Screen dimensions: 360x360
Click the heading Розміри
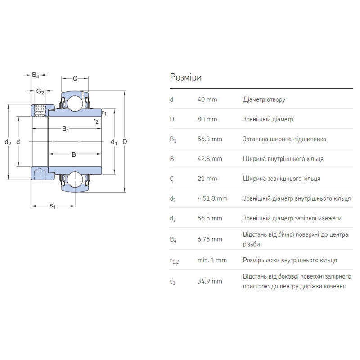[x=186, y=77]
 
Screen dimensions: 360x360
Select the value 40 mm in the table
[x=207, y=99]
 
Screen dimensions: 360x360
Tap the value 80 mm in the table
[x=207, y=119]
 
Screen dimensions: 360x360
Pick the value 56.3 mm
[x=210, y=139]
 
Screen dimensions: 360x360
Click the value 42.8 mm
[x=210, y=159]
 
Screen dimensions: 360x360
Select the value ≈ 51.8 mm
[x=212, y=198]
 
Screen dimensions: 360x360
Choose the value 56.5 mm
[x=210, y=218]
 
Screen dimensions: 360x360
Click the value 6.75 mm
[x=210, y=239]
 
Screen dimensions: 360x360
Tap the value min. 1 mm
[x=212, y=260]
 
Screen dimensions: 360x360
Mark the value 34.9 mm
[x=210, y=281]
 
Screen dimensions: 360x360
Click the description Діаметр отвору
[x=264, y=99]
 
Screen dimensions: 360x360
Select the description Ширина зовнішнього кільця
[x=281, y=179]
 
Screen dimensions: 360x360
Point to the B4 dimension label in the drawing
[x=36, y=75]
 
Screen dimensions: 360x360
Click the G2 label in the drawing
[x=40, y=91]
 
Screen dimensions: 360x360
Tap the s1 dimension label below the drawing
[x=52, y=207]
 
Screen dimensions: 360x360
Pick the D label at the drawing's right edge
[x=125, y=142]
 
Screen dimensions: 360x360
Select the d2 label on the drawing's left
[x=8, y=142]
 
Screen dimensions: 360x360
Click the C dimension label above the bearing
[x=75, y=79]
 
